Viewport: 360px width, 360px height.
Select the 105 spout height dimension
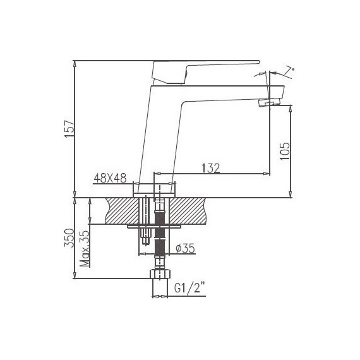284,149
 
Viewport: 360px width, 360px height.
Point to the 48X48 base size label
111,179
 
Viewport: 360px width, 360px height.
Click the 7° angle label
289,72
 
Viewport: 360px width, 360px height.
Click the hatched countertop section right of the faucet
189,210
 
